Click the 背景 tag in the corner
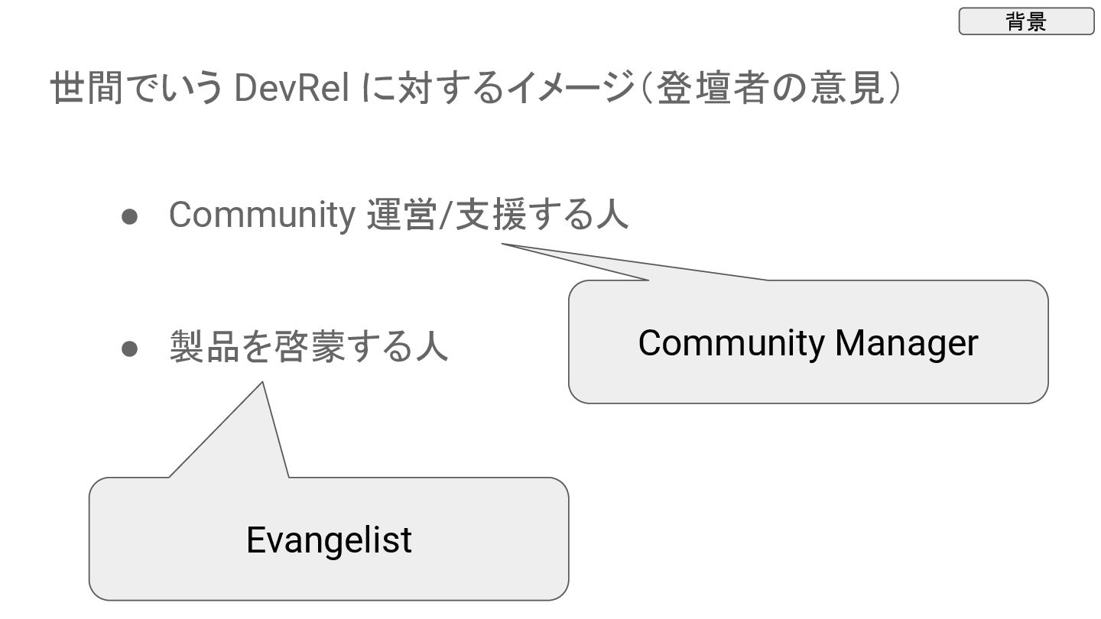click(x=1026, y=21)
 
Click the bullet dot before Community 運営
click(x=129, y=216)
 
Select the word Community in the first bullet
click(x=261, y=216)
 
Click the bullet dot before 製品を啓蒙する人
click(x=129, y=348)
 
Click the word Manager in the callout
click(x=906, y=342)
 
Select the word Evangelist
click(x=329, y=540)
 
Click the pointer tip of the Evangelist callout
click(x=262, y=383)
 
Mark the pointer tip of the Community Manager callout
click(x=503, y=245)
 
